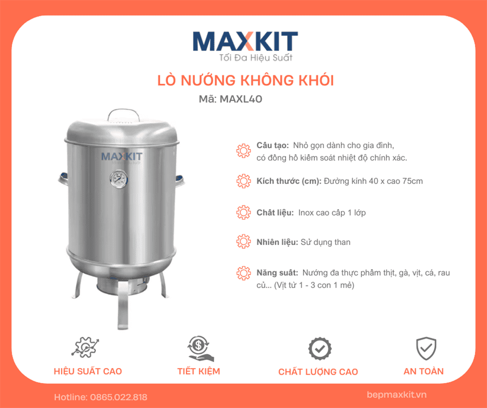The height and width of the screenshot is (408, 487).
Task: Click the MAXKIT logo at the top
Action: pyautogui.click(x=245, y=41)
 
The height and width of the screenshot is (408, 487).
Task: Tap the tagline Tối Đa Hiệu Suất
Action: pyautogui.click(x=255, y=57)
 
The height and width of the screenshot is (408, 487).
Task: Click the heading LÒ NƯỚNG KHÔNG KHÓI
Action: pyautogui.click(x=245, y=80)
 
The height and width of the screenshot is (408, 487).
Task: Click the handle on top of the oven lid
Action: pyautogui.click(x=122, y=114)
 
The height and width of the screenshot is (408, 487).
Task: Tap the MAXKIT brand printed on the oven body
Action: pyautogui.click(x=122, y=156)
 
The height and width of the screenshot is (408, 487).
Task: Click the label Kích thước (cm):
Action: pyautogui.click(x=289, y=181)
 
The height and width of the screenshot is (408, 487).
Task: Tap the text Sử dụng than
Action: pyautogui.click(x=325, y=242)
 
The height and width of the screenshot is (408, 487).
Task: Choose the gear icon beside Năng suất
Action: pyautogui.click(x=243, y=273)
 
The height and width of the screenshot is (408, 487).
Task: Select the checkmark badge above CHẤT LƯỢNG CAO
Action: pyautogui.click(x=319, y=349)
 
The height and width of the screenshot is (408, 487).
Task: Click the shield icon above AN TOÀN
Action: pyautogui.click(x=425, y=348)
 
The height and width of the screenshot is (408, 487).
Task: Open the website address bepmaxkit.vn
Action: pyautogui.click(x=397, y=395)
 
